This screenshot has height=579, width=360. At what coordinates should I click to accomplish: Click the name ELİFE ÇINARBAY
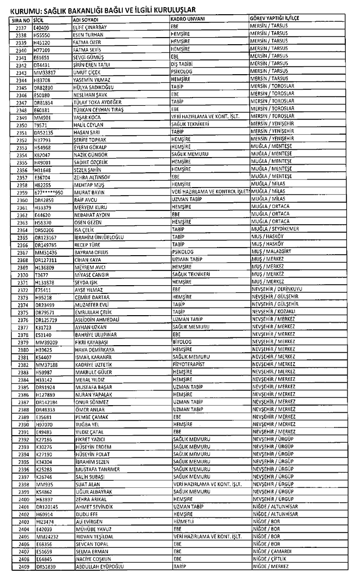coord(91,26)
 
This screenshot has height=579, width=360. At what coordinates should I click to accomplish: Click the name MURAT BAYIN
coord(88,192)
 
